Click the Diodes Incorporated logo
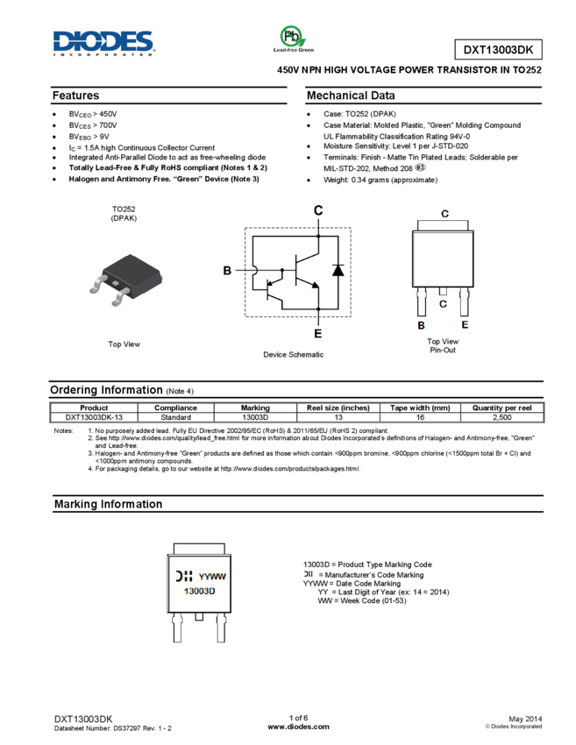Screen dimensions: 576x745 104,43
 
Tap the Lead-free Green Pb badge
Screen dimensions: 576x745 293,39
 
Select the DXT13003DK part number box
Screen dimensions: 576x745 498,50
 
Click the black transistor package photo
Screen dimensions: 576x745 125,279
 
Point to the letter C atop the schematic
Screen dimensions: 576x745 318,210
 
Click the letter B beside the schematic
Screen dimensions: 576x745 227,271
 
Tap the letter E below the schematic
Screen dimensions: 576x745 317,333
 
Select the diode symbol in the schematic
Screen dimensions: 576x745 338,270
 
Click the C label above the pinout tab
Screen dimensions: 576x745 444,214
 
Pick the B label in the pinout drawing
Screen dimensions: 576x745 422,325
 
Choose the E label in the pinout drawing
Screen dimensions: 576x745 465,325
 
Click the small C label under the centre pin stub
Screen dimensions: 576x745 443,303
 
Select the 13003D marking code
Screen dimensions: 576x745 199,592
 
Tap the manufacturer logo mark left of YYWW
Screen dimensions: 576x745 184,577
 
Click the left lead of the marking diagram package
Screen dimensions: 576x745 178,628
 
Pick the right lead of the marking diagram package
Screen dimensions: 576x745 220,628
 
